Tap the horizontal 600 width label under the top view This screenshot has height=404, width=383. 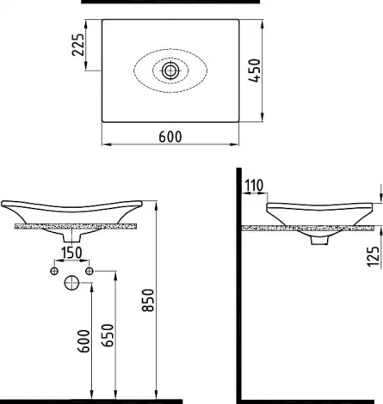pos(170,135)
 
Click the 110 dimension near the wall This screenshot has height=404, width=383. pos(252,185)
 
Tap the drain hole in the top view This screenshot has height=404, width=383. pos(170,70)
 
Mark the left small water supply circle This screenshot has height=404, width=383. pos(54,272)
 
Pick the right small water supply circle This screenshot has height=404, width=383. pos(90,272)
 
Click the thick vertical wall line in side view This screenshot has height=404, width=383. pos(239,284)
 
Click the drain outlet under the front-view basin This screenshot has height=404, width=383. pos(72,236)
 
